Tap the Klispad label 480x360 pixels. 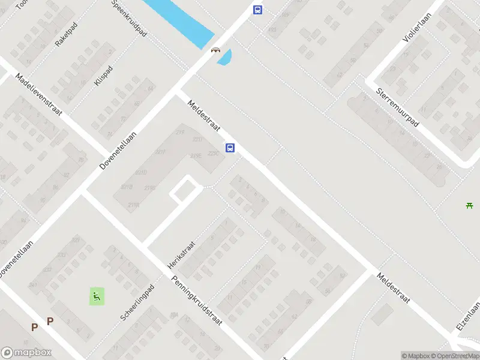103,76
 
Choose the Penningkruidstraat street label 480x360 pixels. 197,299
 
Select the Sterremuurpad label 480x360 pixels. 397,107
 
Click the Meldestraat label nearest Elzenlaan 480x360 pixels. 393,288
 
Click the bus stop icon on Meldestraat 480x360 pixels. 230,148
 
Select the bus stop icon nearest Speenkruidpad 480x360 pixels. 257,10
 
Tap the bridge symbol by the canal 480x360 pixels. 214,50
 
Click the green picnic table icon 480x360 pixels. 470,206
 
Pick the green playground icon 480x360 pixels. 97,296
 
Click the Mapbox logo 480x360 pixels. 26,353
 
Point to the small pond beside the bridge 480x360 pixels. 224,58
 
